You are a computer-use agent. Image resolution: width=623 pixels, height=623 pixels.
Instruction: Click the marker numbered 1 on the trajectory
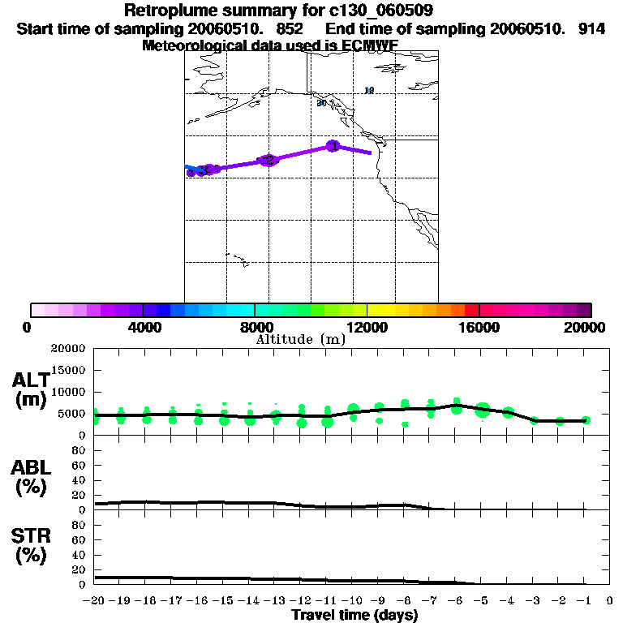333,146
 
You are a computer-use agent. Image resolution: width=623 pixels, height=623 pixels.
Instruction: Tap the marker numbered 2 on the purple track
269,160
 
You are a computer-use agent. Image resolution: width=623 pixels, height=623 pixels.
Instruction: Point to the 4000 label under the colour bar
142,327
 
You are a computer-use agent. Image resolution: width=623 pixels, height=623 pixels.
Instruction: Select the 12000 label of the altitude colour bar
367,327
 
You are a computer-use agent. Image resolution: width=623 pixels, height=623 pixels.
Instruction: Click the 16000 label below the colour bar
479,327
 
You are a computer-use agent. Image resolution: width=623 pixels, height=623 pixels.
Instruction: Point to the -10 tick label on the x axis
353,601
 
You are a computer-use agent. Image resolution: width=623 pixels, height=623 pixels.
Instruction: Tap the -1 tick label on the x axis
585,601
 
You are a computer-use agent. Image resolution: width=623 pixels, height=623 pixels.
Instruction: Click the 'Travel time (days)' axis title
354,615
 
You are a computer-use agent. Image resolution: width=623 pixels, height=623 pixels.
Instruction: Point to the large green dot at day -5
483,410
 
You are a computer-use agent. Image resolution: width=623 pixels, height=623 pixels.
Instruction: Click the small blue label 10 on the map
369,90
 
